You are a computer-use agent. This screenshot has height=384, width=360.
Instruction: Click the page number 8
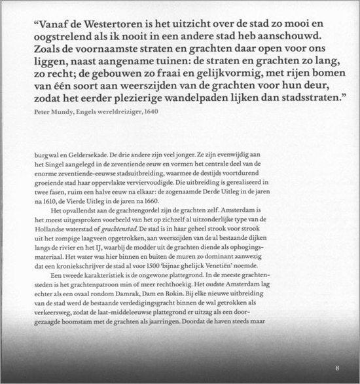[336, 367]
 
